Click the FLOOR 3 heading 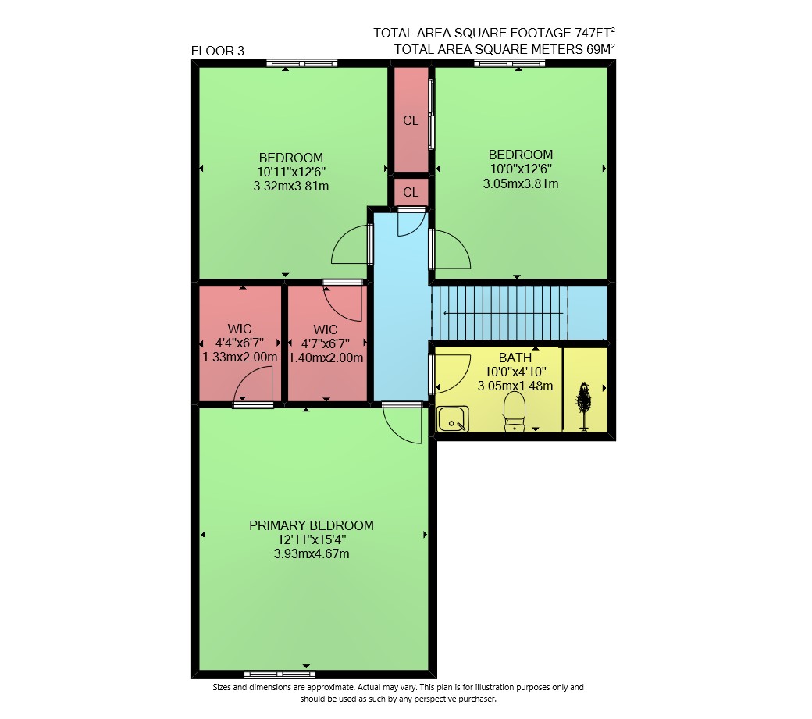click(x=218, y=51)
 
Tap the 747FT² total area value click(x=594, y=33)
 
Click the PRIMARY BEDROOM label click(x=312, y=525)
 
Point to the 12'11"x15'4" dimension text click(x=312, y=539)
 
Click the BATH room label click(x=515, y=358)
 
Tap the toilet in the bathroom click(x=515, y=411)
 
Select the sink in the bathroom click(x=453, y=418)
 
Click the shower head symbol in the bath click(x=584, y=407)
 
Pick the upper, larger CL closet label click(x=411, y=120)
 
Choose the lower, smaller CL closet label click(x=411, y=193)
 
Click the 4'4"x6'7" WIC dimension click(x=239, y=343)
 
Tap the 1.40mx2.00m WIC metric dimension click(x=326, y=358)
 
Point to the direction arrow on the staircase click(x=502, y=313)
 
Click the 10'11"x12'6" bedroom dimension click(x=291, y=172)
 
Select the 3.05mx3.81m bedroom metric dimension click(x=521, y=183)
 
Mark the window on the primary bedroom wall click(x=280, y=675)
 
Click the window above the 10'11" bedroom click(x=302, y=63)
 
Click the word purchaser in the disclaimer click(x=476, y=699)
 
